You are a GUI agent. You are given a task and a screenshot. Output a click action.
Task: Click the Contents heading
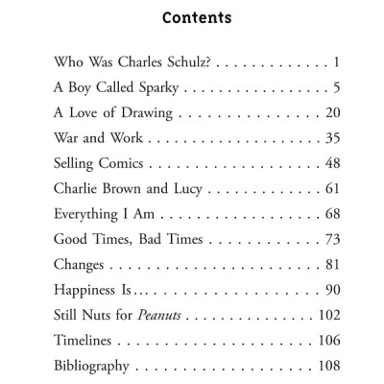(197, 18)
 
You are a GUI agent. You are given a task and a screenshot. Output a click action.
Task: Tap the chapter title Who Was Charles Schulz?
(133, 64)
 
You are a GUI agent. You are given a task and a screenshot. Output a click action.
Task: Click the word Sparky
(156, 89)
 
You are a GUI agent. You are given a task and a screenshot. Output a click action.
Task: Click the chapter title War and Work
(94, 139)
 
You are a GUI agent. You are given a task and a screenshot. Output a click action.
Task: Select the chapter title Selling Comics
(99, 164)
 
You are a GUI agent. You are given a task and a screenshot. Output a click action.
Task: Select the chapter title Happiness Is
(94, 290)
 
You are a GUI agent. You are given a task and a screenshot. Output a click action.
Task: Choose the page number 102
(328, 315)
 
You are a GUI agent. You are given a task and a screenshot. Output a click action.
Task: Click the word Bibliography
(94, 366)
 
